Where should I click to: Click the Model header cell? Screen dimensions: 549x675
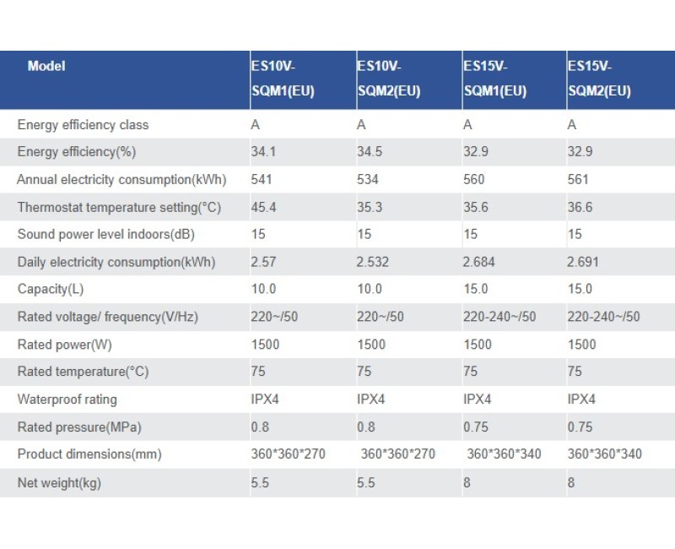click(x=46, y=66)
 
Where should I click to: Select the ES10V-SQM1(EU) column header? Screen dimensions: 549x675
click(x=283, y=79)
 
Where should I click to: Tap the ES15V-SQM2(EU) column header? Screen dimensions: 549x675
click(x=599, y=79)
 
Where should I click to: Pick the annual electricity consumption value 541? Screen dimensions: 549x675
click(x=262, y=179)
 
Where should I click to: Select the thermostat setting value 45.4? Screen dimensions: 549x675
click(x=263, y=207)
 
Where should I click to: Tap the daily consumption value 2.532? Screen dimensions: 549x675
click(x=373, y=262)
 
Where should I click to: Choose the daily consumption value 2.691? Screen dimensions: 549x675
click(x=584, y=262)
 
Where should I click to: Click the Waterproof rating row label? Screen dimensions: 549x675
click(x=67, y=399)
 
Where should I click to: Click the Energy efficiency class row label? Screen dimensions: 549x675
click(x=83, y=125)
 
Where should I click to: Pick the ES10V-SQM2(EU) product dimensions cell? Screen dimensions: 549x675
click(x=398, y=454)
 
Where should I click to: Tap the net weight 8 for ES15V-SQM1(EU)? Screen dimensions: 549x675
click(x=467, y=481)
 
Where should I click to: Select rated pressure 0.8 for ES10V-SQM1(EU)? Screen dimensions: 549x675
click(x=260, y=427)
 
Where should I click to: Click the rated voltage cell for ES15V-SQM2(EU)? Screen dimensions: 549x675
click(x=604, y=317)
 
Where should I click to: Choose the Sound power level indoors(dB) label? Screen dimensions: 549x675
click(x=105, y=234)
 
